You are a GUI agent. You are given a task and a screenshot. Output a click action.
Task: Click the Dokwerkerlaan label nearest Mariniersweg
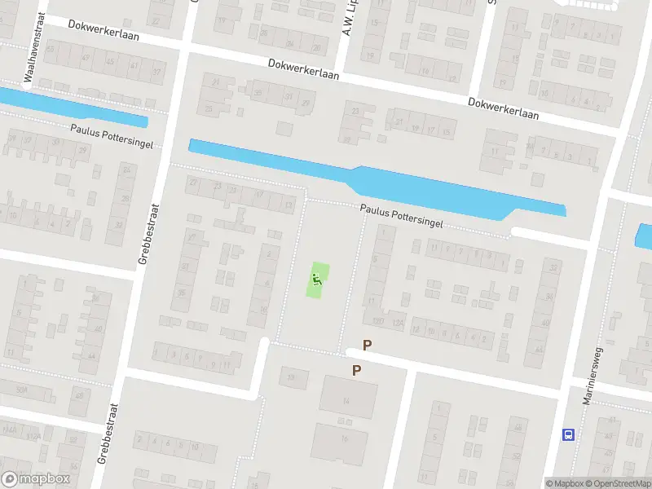click(503, 108)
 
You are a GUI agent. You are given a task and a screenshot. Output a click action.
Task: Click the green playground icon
click(317, 280)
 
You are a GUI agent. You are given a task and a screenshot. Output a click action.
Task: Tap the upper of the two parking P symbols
click(367, 345)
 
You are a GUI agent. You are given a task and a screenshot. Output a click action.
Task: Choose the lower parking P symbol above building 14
click(356, 370)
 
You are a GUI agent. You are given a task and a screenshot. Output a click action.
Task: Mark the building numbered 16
click(342, 440)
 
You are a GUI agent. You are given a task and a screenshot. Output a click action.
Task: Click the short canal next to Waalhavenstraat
click(73, 107)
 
